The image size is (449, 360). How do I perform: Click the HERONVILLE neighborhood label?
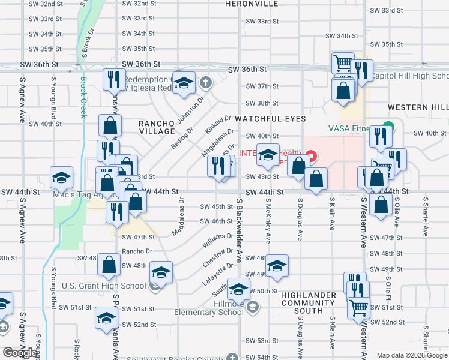click(x=252, y=4)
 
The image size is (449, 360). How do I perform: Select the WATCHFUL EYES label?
click(x=270, y=119)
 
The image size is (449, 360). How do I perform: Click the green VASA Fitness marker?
click(x=388, y=128)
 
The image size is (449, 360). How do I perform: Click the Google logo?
click(x=20, y=353)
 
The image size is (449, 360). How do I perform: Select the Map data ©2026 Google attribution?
click(x=412, y=355)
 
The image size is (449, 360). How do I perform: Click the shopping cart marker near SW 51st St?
click(x=358, y=308)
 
